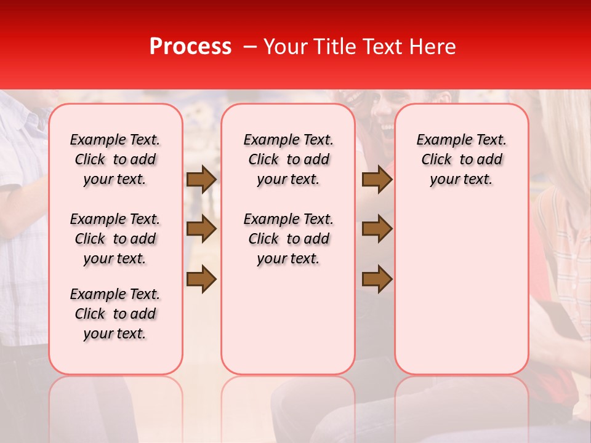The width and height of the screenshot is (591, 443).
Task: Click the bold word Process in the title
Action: click(190, 47)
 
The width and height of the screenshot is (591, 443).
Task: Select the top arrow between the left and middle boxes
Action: click(201, 179)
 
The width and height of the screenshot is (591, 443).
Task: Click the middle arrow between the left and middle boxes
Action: click(201, 229)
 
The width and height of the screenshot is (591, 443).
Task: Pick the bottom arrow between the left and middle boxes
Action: click(201, 279)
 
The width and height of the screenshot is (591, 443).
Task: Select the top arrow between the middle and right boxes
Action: click(377, 179)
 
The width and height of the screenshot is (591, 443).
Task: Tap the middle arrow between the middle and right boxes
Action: click(377, 229)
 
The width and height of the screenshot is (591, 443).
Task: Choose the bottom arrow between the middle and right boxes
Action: click(377, 279)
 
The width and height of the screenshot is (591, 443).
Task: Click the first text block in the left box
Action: click(115, 159)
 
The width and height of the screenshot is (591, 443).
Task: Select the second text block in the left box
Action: click(115, 239)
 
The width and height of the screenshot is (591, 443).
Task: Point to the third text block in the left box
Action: click(115, 314)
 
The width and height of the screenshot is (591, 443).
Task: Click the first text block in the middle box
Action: click(288, 159)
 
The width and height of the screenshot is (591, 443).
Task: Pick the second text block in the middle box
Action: click(288, 239)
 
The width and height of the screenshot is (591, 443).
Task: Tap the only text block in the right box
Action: click(461, 159)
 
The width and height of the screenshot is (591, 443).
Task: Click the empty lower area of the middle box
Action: click(288, 320)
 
